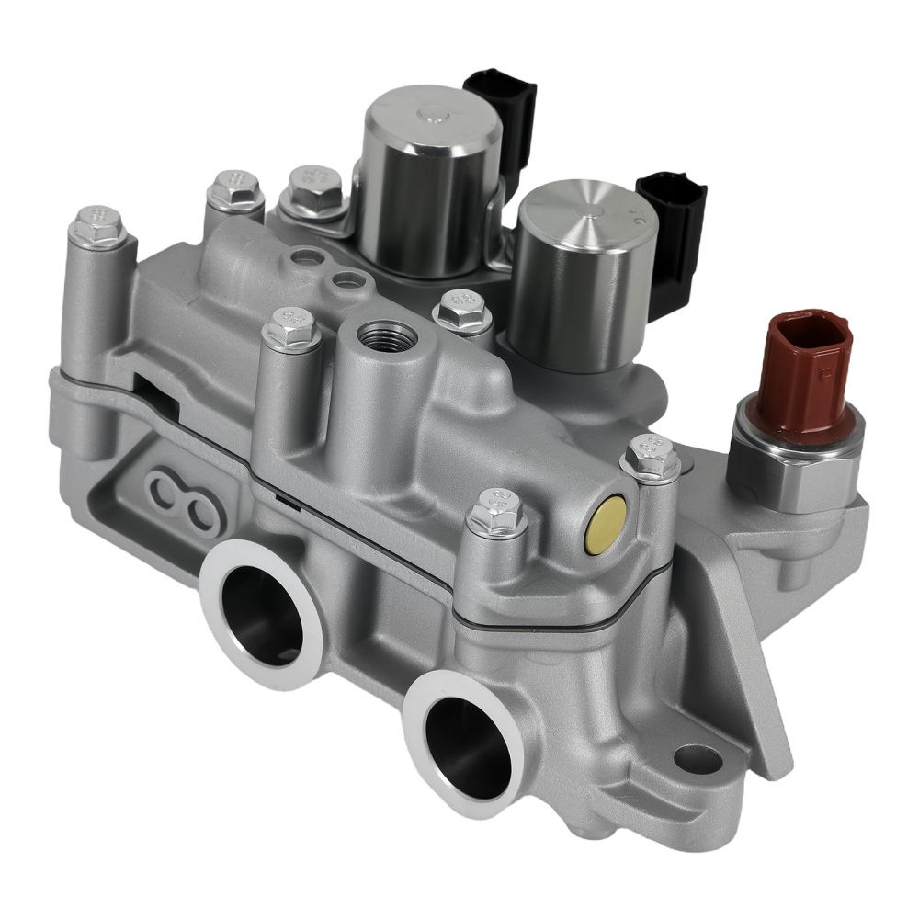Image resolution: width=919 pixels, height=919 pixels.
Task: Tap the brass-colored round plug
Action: [x=607, y=525]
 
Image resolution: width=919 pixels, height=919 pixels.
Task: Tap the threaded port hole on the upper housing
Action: [x=384, y=335]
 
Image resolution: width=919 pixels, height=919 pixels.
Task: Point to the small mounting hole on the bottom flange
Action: [x=698, y=759]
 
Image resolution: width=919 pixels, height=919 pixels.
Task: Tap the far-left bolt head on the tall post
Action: [x=98, y=222]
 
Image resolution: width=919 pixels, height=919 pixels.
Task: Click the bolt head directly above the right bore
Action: [x=497, y=511]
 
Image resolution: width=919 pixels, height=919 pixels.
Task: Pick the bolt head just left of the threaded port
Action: [x=291, y=325]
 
